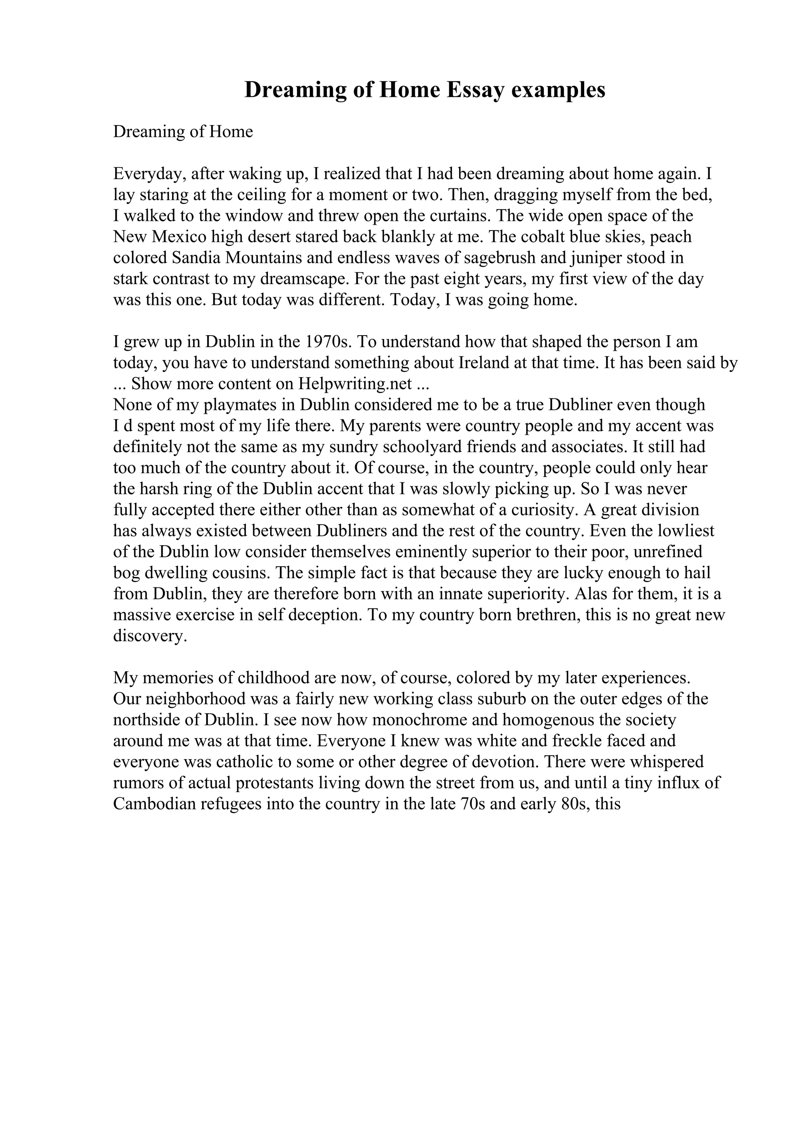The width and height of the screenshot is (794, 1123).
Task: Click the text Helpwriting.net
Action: click(x=355, y=384)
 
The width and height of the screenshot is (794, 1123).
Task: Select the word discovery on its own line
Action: click(x=150, y=636)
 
